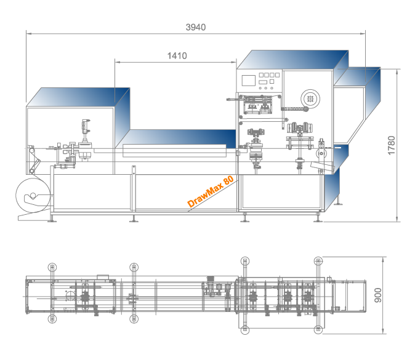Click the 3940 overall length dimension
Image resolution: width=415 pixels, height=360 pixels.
(196, 27)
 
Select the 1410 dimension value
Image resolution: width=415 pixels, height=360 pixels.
(177, 56)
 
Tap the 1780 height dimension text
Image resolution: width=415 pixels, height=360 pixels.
(391, 145)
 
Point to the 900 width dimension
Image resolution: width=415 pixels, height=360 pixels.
(378, 295)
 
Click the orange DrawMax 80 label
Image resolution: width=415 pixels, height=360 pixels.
(211, 191)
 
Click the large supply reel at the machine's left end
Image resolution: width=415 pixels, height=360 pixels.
(33, 196)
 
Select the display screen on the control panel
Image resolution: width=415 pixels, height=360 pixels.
(249, 81)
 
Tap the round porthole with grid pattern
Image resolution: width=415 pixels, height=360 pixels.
(310, 99)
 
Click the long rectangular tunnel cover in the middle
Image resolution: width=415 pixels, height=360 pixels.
(175, 151)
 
